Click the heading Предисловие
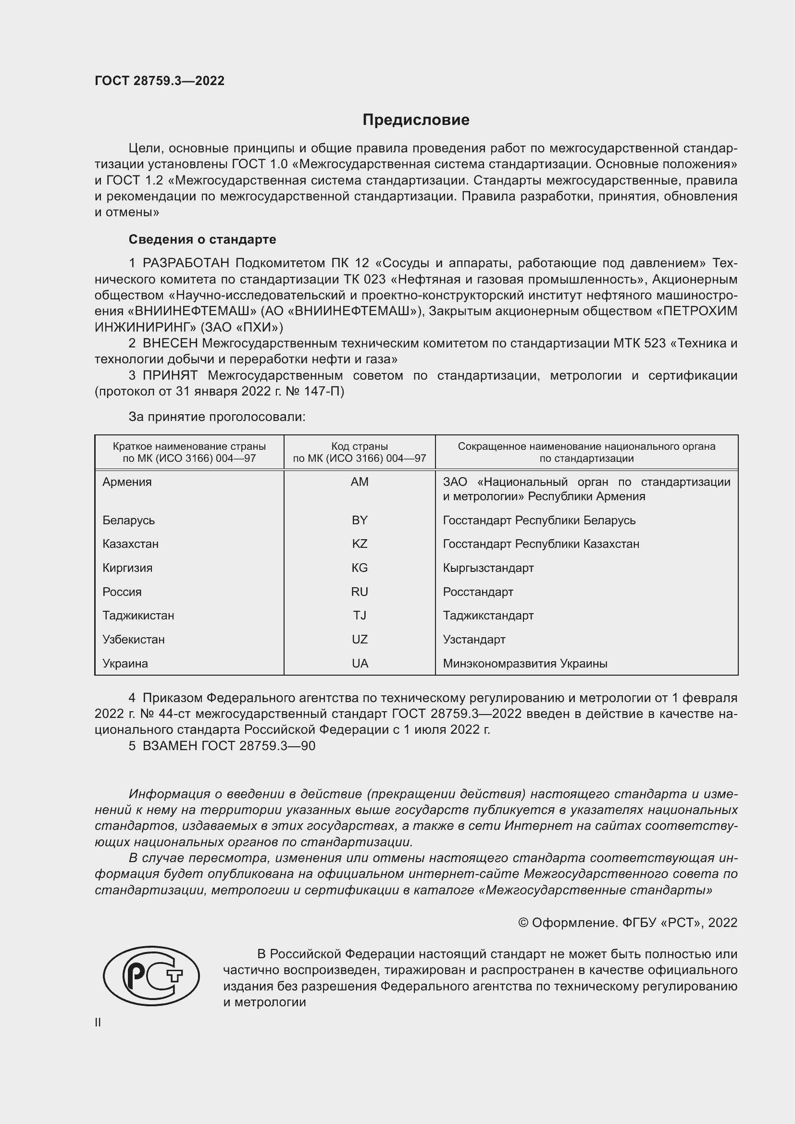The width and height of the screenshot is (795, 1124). tap(416, 120)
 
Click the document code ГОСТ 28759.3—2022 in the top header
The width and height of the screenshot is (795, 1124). tap(160, 81)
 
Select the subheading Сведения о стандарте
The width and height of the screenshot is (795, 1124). tap(202, 239)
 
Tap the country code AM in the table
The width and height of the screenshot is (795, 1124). tap(360, 482)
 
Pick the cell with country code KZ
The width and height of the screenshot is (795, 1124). tap(360, 544)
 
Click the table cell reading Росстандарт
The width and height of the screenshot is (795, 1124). tap(478, 592)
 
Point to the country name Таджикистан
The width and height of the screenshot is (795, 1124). tap(138, 616)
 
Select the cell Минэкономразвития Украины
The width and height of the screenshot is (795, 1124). tap(525, 663)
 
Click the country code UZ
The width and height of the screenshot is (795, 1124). tap(360, 639)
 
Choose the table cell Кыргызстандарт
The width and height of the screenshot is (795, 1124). tap(488, 568)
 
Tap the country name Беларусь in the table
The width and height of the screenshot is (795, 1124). tap(128, 520)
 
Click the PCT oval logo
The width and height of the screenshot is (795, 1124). tap(151, 976)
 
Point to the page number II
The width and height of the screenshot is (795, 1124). tap(98, 1023)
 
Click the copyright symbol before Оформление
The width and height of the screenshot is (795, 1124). tap(523, 923)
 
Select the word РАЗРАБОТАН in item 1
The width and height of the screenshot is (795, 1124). tap(186, 263)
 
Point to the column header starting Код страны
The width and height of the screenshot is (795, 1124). tap(360, 452)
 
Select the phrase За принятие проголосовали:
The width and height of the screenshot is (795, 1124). tap(217, 417)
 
